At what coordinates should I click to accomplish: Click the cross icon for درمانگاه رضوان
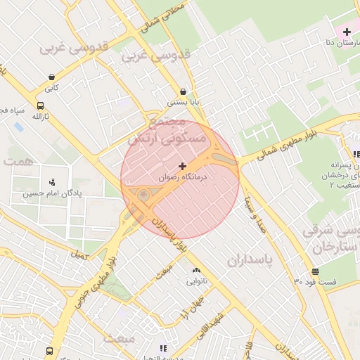click(x=183, y=167)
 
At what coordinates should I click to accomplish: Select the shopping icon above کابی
click(x=51, y=77)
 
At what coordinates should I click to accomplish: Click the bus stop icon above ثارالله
click(x=39, y=105)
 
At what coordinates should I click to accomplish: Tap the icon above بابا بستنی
click(x=184, y=91)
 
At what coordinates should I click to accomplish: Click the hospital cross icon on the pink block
click(x=347, y=32)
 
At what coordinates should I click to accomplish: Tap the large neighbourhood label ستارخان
click(x=326, y=248)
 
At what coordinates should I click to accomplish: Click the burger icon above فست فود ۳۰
click(x=314, y=271)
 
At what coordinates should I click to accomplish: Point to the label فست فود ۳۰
click(x=314, y=282)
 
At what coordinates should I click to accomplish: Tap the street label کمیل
click(x=81, y=255)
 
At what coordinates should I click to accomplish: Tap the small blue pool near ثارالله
click(x=18, y=127)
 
